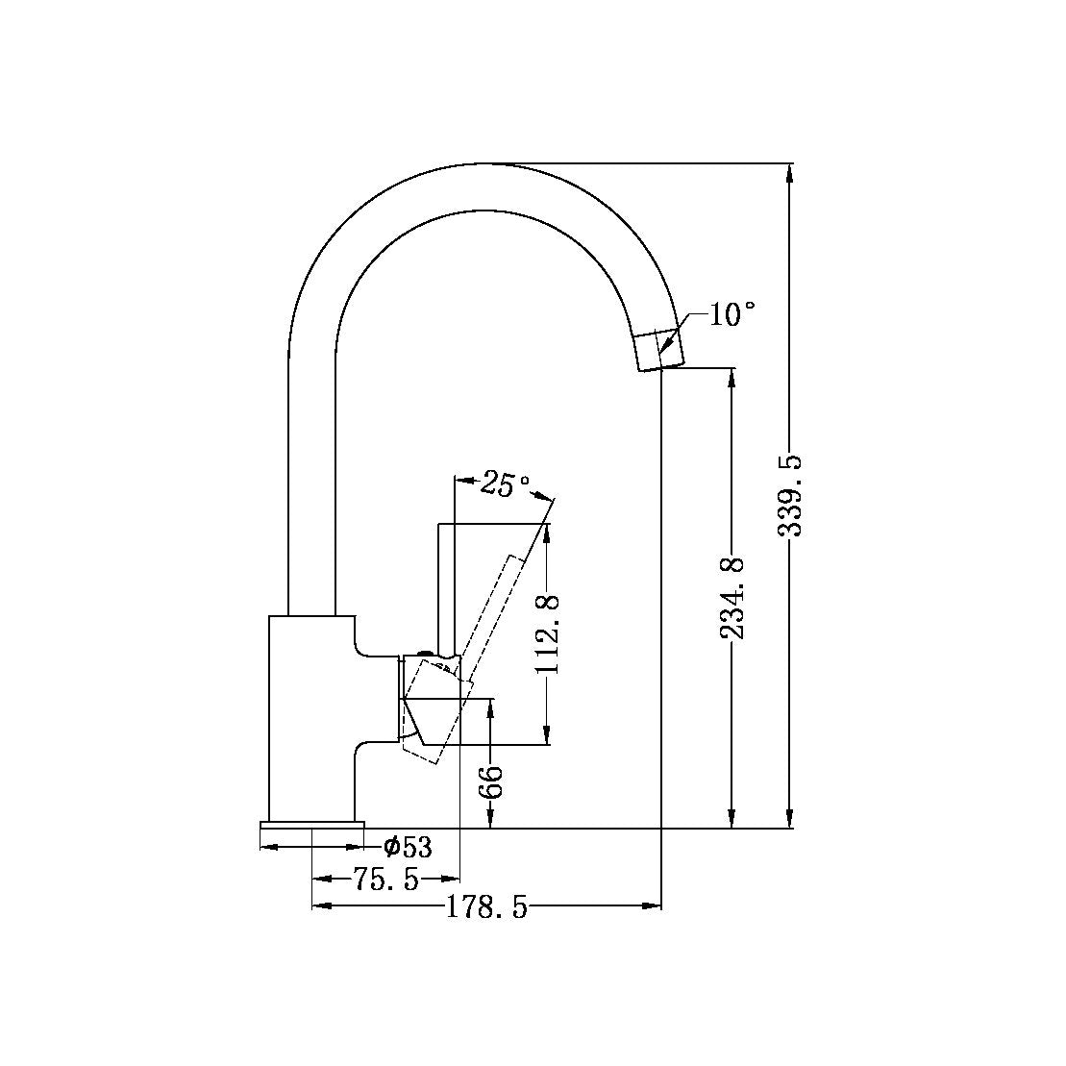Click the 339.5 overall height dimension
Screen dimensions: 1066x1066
point(790,496)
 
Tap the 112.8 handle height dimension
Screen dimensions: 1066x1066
point(548,634)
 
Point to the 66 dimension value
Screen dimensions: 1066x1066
point(491,780)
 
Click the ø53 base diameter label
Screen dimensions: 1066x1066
point(407,848)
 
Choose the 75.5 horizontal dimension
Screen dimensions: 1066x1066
point(385,879)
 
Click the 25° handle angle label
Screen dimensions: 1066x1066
point(506,484)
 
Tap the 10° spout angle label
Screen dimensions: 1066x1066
point(731,314)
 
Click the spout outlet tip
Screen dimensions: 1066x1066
point(661,351)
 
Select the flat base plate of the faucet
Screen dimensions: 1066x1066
point(312,825)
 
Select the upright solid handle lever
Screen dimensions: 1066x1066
point(445,586)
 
